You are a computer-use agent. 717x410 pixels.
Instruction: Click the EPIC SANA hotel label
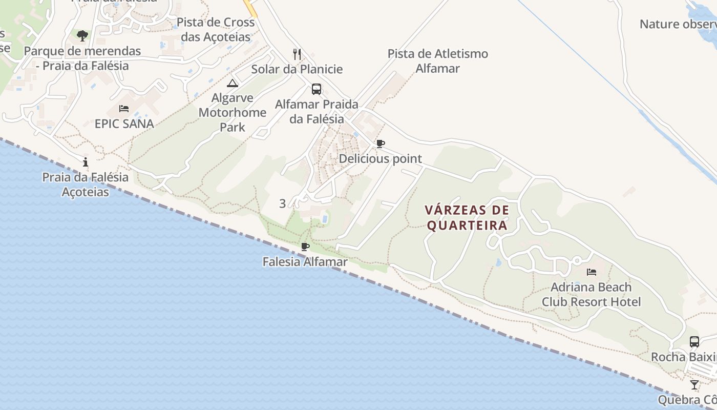click(124, 124)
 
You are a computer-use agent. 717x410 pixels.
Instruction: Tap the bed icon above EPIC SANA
click(124, 109)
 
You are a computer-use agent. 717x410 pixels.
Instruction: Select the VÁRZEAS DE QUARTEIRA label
click(467, 218)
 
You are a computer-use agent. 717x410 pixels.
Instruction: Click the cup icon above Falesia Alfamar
click(305, 247)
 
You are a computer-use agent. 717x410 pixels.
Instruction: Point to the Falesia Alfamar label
click(305, 262)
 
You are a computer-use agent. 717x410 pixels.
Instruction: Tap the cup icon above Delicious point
click(380, 144)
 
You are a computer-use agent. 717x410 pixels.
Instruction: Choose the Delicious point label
click(380, 159)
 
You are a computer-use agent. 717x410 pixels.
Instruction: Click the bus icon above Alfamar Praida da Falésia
click(317, 89)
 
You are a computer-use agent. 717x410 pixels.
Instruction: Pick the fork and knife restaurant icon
click(297, 54)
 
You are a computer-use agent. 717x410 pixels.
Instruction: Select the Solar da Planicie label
click(297, 69)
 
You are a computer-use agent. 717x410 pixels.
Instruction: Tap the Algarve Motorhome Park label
click(233, 112)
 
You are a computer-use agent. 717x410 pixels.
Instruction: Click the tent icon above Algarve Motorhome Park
click(233, 83)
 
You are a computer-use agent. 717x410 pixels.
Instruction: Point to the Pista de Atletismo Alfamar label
click(437, 61)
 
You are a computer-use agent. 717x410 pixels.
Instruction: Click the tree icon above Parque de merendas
click(82, 35)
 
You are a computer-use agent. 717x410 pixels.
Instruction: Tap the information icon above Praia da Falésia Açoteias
click(86, 162)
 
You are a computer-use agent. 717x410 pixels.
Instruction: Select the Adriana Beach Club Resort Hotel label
click(592, 294)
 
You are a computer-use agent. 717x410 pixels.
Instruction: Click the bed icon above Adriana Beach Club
click(592, 272)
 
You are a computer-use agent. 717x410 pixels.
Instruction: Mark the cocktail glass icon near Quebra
click(694, 385)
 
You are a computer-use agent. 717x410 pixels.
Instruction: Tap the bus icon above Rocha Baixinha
click(694, 342)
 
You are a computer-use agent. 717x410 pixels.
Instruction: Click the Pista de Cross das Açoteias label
click(216, 30)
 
